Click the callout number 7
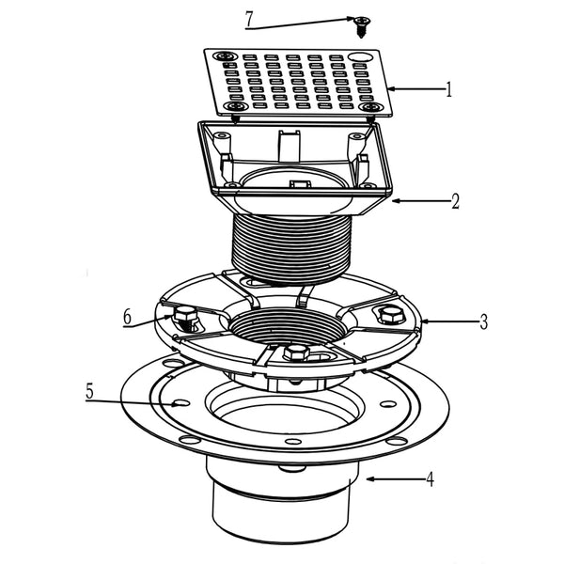249,18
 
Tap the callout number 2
454,200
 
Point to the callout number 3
483,322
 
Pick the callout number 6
127,318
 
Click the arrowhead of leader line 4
367,479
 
